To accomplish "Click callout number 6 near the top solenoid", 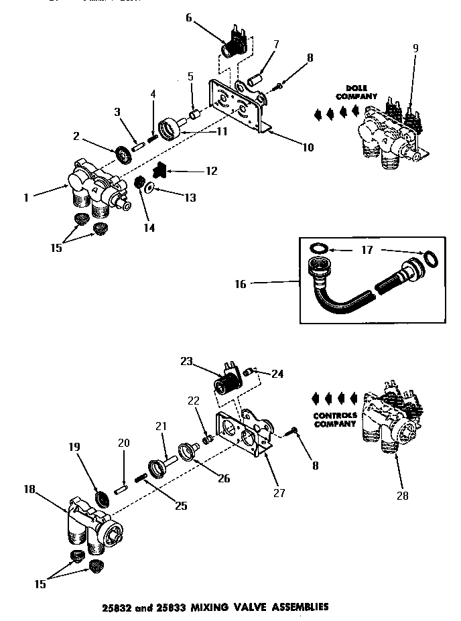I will point(189,18).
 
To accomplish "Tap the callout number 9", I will point(415,48).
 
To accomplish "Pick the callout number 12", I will point(212,171).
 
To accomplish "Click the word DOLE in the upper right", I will point(352,88).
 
